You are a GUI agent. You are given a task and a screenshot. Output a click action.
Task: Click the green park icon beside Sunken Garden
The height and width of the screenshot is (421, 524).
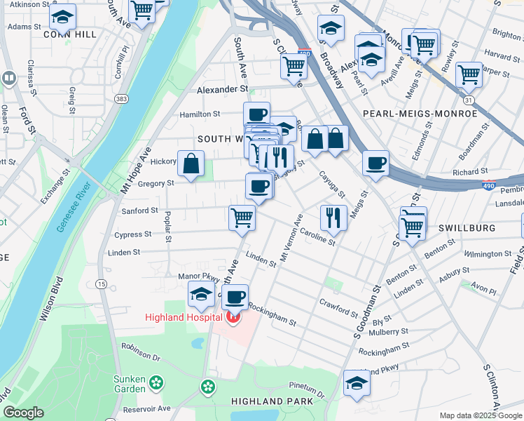(x=156, y=383)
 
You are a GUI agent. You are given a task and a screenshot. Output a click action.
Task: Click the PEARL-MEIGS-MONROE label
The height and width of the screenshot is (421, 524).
(x=420, y=113)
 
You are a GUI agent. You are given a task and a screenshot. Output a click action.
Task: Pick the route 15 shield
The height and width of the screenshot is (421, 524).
(x=102, y=283)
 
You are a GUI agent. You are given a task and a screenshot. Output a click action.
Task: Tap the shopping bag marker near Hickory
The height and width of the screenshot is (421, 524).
(x=191, y=164)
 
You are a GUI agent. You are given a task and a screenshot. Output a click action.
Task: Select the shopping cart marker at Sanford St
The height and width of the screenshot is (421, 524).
(x=242, y=218)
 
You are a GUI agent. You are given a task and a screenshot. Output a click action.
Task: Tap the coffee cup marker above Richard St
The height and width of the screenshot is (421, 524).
(x=376, y=163)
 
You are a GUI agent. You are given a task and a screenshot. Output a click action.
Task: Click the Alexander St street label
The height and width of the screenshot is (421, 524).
(x=222, y=90)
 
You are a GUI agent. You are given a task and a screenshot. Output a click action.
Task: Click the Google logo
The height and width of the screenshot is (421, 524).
(x=23, y=413)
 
